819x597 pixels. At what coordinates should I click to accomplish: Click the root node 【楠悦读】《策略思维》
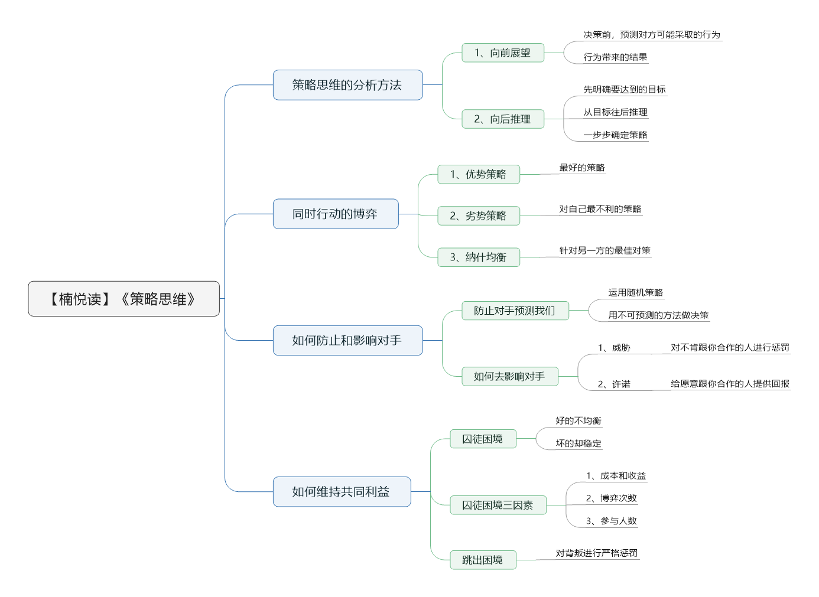pyautogui.click(x=124, y=299)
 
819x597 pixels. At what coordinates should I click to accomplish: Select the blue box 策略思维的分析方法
pyautogui.click(x=348, y=85)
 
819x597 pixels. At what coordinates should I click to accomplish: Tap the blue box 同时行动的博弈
pyautogui.click(x=336, y=214)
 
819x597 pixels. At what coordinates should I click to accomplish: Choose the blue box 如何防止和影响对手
pyautogui.click(x=348, y=340)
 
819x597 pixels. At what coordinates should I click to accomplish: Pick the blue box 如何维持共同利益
pyautogui.click(x=342, y=491)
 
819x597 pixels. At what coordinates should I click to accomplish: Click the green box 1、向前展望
pyautogui.click(x=503, y=53)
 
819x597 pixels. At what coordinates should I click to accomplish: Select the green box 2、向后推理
pyautogui.click(x=503, y=119)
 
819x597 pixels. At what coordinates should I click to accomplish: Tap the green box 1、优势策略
pyautogui.click(x=479, y=174)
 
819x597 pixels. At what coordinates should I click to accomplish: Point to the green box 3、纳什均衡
pyautogui.click(x=479, y=257)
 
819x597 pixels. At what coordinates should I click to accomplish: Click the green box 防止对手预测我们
pyautogui.click(x=515, y=311)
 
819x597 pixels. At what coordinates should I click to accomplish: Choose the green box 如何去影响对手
pyautogui.click(x=510, y=376)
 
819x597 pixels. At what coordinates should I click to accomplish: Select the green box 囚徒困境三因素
pyautogui.click(x=498, y=505)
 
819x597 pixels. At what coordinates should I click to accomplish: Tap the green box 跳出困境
pyautogui.click(x=483, y=560)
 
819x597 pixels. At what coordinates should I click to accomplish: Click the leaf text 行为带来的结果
pyautogui.click(x=615, y=57)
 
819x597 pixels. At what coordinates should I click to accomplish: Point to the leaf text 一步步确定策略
pyautogui.click(x=615, y=135)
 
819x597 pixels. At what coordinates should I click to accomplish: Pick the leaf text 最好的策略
pyautogui.click(x=582, y=168)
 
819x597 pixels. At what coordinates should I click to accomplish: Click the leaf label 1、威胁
pyautogui.click(x=614, y=347)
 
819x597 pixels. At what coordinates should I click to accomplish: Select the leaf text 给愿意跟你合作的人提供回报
pyautogui.click(x=730, y=384)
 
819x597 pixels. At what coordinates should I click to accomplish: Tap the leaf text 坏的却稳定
pyautogui.click(x=578, y=443)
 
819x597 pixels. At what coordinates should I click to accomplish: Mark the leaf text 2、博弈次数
pyautogui.click(x=612, y=498)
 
